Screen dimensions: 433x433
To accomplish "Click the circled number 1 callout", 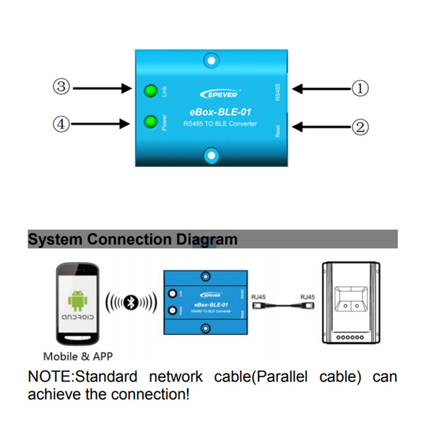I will pos(361,88).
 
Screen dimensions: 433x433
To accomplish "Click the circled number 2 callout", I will pos(361,127).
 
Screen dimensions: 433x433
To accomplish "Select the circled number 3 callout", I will pos(61,87).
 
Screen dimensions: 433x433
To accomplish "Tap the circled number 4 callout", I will pos(61,124).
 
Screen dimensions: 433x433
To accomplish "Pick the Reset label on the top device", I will pos(278,130).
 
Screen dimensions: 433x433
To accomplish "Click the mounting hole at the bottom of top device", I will pos(211,156).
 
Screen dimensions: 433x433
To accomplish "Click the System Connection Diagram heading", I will pos(133,239).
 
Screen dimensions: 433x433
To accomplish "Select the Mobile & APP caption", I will pos(78,357).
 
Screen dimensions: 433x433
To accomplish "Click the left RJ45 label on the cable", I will pos(258,297).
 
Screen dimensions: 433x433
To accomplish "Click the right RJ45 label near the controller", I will pos(307,297).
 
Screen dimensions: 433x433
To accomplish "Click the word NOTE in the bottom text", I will pos(49,377).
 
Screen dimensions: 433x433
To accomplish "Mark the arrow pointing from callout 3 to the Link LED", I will pos(103,87).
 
